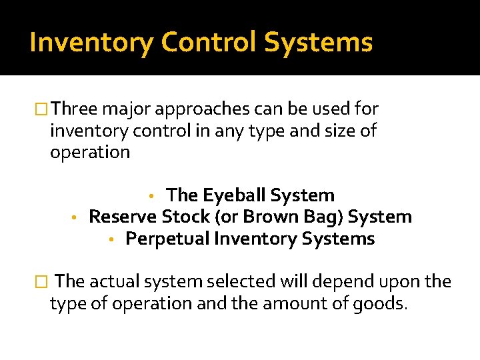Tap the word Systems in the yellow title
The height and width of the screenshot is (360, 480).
coord(318,43)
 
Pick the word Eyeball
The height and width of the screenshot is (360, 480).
coord(230,195)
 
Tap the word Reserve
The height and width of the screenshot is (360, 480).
coord(123,217)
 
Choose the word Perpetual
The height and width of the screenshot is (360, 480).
coord(166,239)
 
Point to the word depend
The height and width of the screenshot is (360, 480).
coord(344,282)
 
